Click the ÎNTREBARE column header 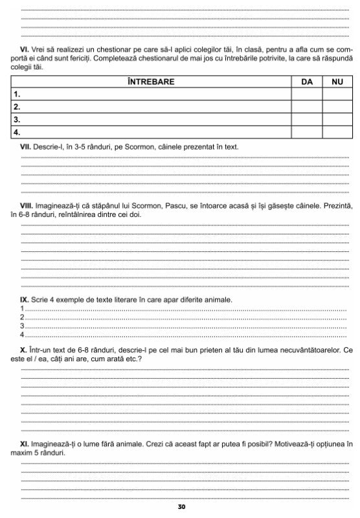[x=151, y=82]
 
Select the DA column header [x=306, y=82]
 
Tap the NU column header [x=337, y=82]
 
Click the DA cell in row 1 [x=306, y=95]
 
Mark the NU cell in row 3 [x=337, y=120]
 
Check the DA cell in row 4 [x=306, y=132]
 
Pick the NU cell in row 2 [x=337, y=107]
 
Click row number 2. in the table [x=18, y=107]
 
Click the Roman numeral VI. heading [x=25, y=50]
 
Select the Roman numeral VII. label [x=26, y=147]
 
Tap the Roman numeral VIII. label [x=27, y=205]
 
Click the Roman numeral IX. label [x=25, y=299]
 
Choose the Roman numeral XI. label [x=25, y=444]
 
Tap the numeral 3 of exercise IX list [x=22, y=326]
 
